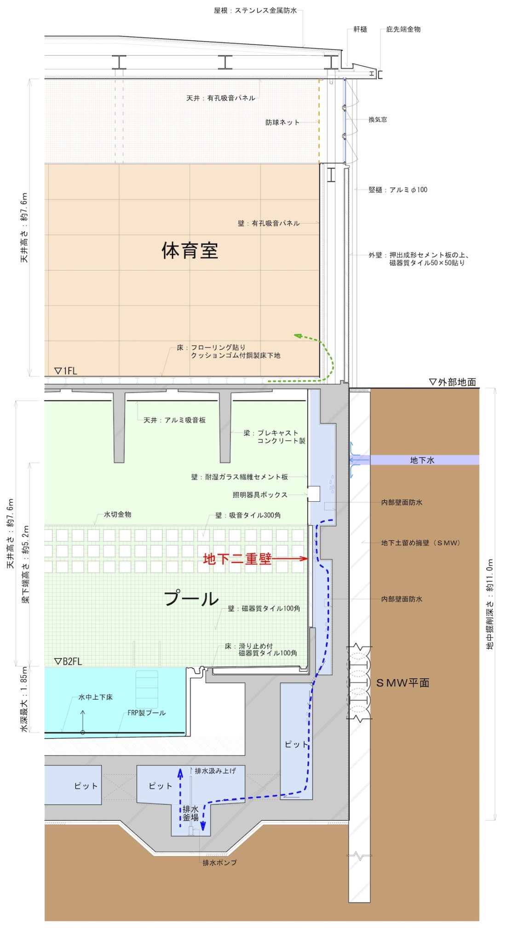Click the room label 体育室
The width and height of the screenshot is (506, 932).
coord(190,250)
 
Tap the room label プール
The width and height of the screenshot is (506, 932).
coord(191,598)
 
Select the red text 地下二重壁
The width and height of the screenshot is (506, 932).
coord(237,558)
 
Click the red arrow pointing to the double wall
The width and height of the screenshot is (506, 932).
coord(290,558)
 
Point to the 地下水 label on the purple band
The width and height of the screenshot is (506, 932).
coord(422,460)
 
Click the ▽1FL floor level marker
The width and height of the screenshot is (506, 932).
coord(66,370)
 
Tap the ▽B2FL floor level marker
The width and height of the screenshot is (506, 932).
coord(68,661)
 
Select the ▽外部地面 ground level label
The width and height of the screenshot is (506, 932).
coord(452,382)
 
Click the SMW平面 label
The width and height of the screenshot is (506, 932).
coord(403,683)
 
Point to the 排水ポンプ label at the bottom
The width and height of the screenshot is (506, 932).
coord(220,862)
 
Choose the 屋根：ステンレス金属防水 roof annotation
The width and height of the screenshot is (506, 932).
coord(255,10)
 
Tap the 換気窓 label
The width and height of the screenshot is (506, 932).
coord(378,119)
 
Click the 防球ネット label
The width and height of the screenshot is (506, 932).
coord(282,122)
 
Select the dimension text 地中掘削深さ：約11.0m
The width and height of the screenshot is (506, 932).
coord(490,604)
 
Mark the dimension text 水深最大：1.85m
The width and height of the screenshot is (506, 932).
coord(24,699)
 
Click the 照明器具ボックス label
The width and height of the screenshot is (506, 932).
coord(260,495)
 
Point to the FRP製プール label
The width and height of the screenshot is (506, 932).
coord(147,713)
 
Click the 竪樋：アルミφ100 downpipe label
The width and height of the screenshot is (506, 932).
coord(398,190)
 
